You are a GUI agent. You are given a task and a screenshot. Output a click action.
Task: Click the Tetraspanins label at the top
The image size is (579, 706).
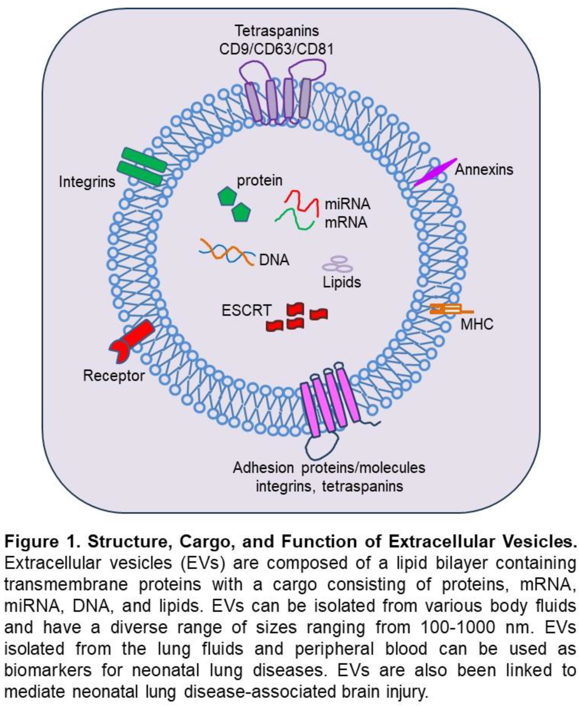pos(277,31)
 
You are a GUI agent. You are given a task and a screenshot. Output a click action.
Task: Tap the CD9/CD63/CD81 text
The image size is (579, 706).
pos(276,49)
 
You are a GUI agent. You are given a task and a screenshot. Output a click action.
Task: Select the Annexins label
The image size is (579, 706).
pos(484,170)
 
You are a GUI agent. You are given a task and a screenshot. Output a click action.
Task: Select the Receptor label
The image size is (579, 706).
pos(113,376)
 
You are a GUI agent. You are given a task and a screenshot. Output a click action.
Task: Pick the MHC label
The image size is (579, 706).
pos(477,324)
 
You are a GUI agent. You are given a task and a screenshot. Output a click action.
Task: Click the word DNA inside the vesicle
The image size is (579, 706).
pos(274,260)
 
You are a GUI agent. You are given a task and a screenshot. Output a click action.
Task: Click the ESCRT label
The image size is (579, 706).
pos(246,311)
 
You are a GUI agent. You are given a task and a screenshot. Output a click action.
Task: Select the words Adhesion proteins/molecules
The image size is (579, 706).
pos(329,468)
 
